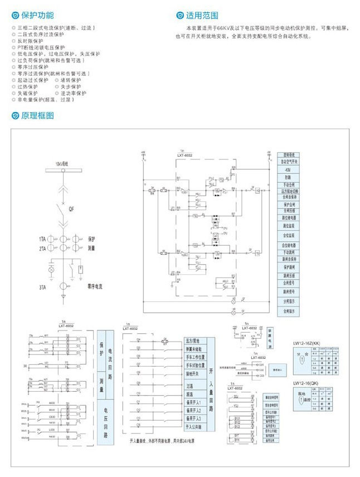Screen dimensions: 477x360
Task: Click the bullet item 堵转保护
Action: (x=71, y=80)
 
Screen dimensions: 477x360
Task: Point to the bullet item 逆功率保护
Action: (x=73, y=93)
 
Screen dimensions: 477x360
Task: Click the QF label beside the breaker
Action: (x=71, y=210)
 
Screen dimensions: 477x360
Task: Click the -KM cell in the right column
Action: (x=288, y=169)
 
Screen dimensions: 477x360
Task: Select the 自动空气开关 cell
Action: (x=288, y=162)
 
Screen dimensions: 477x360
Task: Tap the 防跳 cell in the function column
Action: (x=288, y=177)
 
